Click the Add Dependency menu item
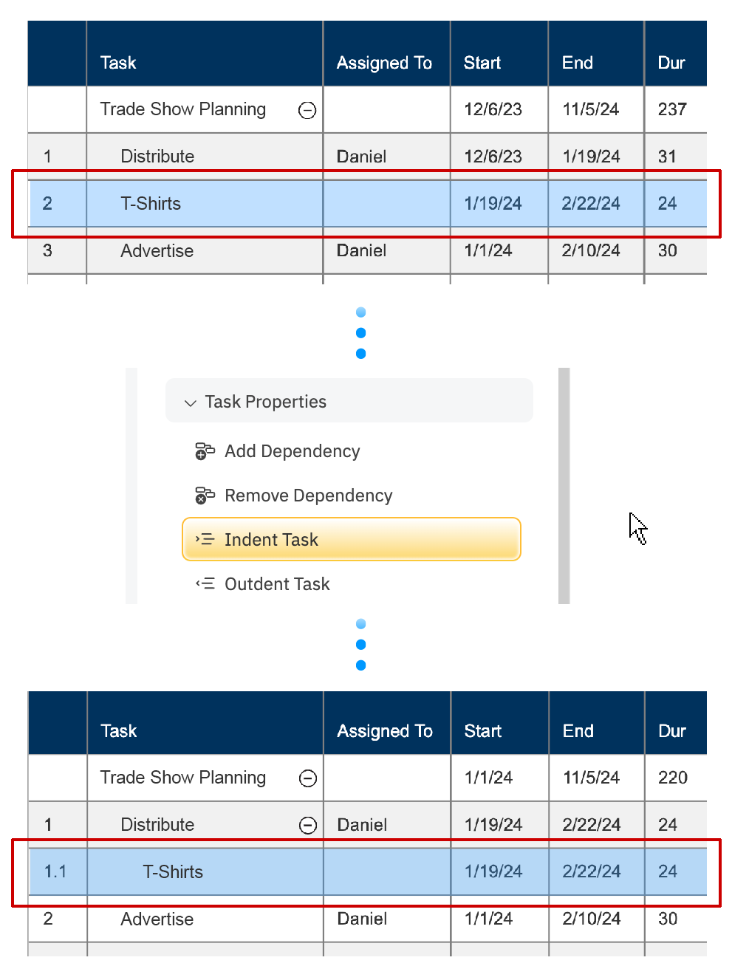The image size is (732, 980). click(292, 451)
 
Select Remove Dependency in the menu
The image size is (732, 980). click(308, 496)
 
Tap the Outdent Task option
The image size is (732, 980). click(277, 584)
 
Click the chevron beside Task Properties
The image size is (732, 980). click(191, 402)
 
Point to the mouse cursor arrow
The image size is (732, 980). click(637, 527)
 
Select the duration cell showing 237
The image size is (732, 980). click(672, 109)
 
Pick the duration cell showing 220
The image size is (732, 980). click(673, 778)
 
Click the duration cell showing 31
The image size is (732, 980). click(667, 157)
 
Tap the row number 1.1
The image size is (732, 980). click(55, 872)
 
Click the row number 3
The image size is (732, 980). click(48, 251)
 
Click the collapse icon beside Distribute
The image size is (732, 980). click(308, 825)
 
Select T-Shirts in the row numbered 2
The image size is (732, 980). click(151, 204)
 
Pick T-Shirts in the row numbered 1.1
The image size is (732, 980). click(173, 872)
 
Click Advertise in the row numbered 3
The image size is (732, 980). click(157, 251)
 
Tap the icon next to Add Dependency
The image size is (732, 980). click(205, 451)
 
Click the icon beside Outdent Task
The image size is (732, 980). click(205, 584)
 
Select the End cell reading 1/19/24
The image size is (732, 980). click(591, 157)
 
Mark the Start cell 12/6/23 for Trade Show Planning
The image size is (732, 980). click(493, 109)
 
